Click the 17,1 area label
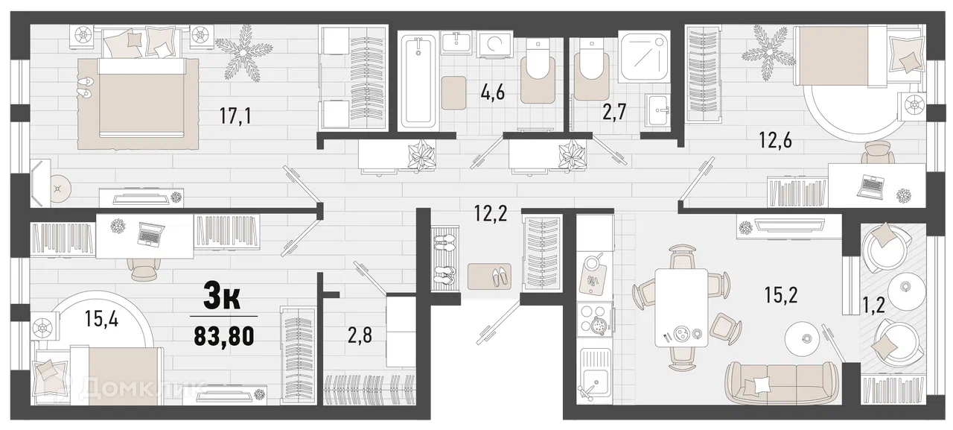point(235,116)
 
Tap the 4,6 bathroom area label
point(493,92)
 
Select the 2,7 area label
point(614,113)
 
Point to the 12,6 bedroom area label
point(776,140)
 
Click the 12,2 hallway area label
point(491,213)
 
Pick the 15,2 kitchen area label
point(781,295)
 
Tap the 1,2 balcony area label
point(874,305)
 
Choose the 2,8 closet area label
point(360,335)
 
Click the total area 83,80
point(224,336)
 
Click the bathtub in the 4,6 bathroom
point(418,82)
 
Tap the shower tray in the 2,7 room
point(644,56)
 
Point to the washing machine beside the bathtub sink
point(495,43)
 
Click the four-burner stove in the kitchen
point(595,323)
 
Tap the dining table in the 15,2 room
point(681,307)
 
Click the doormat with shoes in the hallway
point(490,276)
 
